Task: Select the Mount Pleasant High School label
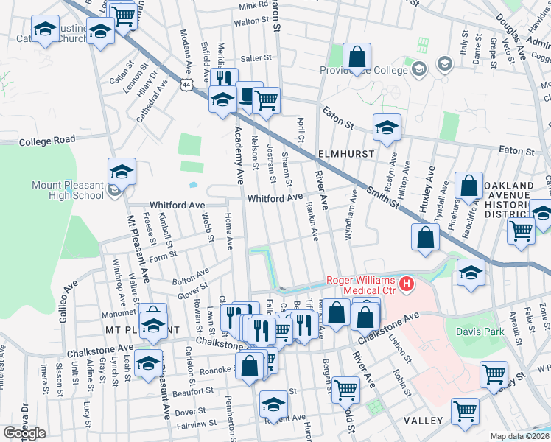(x=68, y=190)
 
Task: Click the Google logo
(x=24, y=432)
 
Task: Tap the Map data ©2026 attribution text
(x=520, y=436)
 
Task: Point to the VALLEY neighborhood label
(x=423, y=420)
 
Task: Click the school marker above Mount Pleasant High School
(x=122, y=172)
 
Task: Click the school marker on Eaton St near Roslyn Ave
(x=387, y=128)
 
